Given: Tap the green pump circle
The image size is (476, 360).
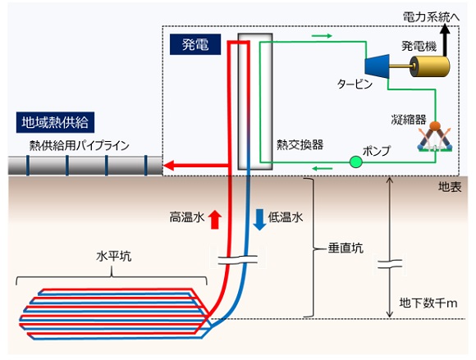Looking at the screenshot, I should pyautogui.click(x=355, y=162).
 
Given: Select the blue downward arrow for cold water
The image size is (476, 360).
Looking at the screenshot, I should pyautogui.click(x=259, y=219).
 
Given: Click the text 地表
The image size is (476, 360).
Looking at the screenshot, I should pyautogui.click(x=451, y=189).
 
